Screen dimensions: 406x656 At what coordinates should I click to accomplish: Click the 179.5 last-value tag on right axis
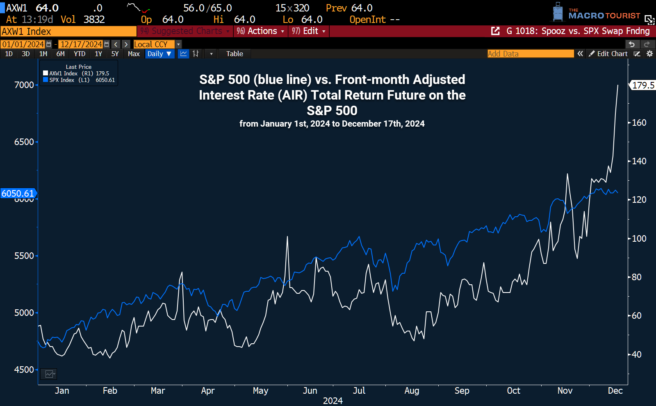click(x=642, y=85)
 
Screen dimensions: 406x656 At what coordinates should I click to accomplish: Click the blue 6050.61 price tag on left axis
click(x=18, y=193)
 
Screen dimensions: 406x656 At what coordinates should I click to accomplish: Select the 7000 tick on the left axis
click(x=24, y=85)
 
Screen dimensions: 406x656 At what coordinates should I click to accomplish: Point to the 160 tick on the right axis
click(x=639, y=122)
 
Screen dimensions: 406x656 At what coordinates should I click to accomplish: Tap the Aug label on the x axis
click(x=412, y=390)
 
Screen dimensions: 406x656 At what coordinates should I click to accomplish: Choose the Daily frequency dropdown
click(x=159, y=54)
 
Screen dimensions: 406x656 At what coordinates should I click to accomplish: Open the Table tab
click(x=235, y=54)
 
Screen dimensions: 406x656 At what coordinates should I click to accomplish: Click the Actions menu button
click(x=260, y=31)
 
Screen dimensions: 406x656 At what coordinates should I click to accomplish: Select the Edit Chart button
click(x=608, y=54)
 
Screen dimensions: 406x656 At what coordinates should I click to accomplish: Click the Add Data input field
click(x=530, y=54)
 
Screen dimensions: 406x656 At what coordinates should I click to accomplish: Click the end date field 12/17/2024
click(x=81, y=44)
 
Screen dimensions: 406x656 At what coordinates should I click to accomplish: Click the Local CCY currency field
click(x=154, y=44)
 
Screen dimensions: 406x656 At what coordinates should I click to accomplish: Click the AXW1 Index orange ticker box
click(x=68, y=32)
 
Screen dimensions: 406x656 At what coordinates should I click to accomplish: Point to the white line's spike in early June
click(x=287, y=237)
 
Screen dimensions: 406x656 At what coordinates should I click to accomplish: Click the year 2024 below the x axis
click(x=333, y=401)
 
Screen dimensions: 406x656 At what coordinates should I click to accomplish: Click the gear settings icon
click(x=649, y=54)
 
